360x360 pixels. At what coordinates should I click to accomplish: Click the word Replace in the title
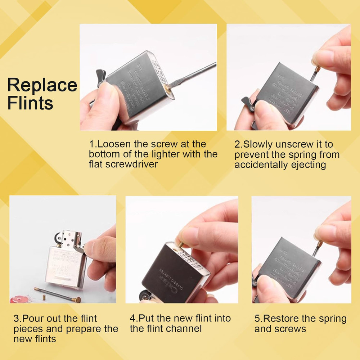[x=42, y=86]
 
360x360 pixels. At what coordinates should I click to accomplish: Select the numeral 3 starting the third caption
[x=16, y=319]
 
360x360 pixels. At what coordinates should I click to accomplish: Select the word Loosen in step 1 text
[x=114, y=144]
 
